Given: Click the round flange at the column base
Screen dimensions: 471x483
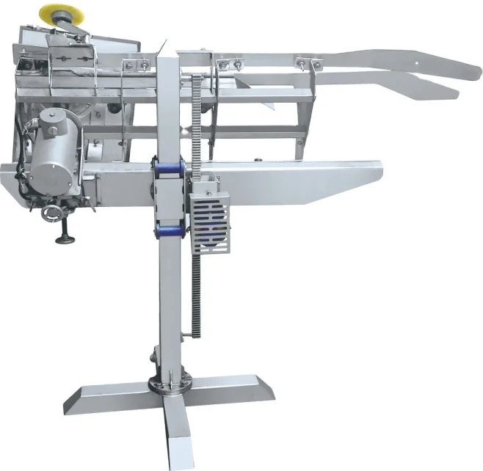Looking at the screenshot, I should click(170, 384).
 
